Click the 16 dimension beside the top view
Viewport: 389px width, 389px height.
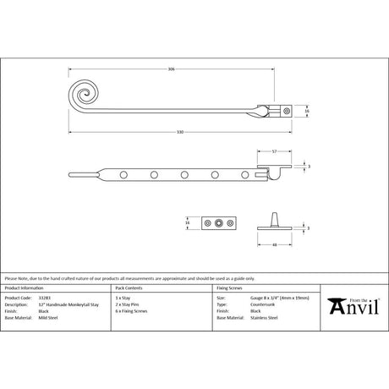307,111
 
